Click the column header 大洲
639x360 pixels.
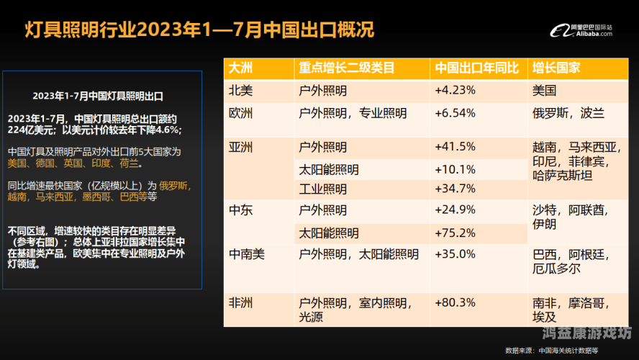point(240,68)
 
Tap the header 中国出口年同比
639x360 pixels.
point(476,68)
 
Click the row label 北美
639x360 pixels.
point(240,91)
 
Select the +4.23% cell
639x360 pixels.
point(455,91)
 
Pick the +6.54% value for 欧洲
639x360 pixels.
point(455,114)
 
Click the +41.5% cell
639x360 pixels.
point(455,147)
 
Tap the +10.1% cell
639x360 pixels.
point(455,170)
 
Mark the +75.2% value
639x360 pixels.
point(455,233)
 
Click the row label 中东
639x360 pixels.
point(240,211)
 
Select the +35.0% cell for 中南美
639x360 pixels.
point(455,254)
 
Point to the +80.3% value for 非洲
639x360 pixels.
point(455,302)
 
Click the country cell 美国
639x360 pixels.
point(545,91)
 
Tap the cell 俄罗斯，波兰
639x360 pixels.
point(568,114)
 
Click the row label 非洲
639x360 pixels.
point(240,302)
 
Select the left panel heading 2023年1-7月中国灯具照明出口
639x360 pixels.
point(98,95)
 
